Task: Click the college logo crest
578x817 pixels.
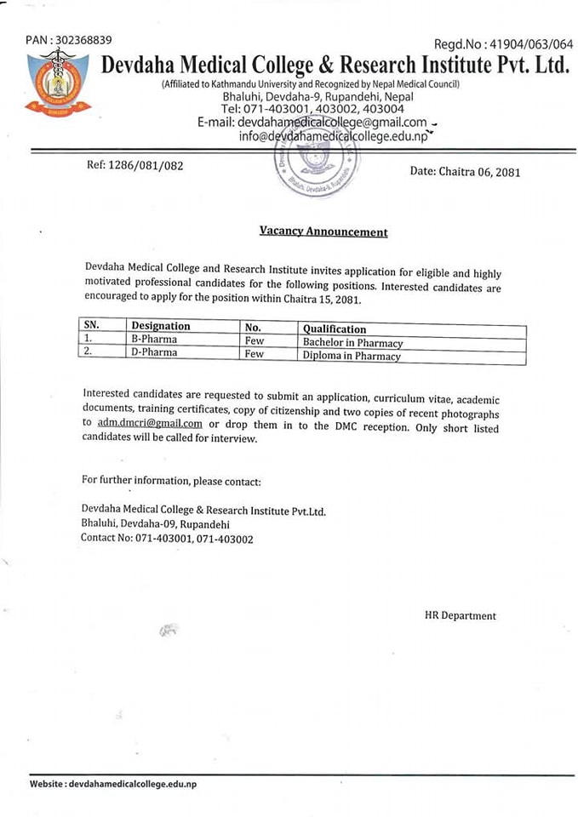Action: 58,83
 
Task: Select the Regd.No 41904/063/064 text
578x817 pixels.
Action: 503,44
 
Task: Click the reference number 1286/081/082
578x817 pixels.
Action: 134,165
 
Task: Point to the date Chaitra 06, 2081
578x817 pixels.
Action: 465,171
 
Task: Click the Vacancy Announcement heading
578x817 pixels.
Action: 323,231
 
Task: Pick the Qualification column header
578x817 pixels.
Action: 335,329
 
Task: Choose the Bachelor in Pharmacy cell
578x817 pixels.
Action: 352,343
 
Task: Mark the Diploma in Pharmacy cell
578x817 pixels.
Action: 351,357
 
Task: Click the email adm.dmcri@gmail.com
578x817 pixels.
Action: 150,423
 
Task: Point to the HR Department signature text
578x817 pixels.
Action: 460,615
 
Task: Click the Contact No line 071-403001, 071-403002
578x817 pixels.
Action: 167,539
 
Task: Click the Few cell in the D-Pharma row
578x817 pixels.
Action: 254,354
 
